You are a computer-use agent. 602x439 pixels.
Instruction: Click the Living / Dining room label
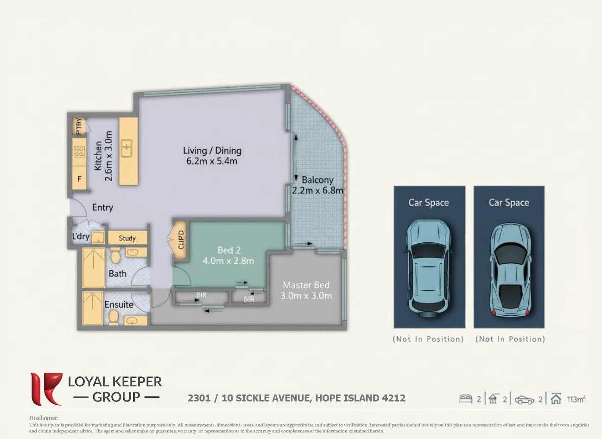click(x=212, y=151)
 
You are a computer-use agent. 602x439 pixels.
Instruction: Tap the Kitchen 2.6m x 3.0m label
click(x=103, y=156)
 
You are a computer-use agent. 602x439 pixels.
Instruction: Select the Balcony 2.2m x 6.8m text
click(x=317, y=185)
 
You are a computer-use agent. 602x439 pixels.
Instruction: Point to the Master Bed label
click(x=306, y=285)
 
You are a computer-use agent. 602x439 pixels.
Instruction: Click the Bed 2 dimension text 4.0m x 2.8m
click(x=228, y=261)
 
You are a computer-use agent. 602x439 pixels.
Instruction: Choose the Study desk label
click(x=127, y=238)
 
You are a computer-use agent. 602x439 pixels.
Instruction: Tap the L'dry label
click(x=81, y=236)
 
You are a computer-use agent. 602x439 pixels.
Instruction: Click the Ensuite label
click(x=119, y=305)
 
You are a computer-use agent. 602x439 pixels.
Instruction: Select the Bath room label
click(x=117, y=274)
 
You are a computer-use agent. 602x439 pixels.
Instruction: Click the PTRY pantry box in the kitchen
click(x=79, y=127)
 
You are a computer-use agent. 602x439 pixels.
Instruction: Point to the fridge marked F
click(x=79, y=178)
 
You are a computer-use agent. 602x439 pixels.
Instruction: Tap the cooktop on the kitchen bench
click(x=79, y=151)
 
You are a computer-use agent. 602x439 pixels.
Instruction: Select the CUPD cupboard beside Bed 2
click(x=181, y=240)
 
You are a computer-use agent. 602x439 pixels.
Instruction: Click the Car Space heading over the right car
click(x=508, y=203)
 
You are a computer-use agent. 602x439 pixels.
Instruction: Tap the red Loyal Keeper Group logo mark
click(x=45, y=389)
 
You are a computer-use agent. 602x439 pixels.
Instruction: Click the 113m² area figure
click(x=576, y=399)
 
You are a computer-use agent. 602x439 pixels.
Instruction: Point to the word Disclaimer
click(x=44, y=418)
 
